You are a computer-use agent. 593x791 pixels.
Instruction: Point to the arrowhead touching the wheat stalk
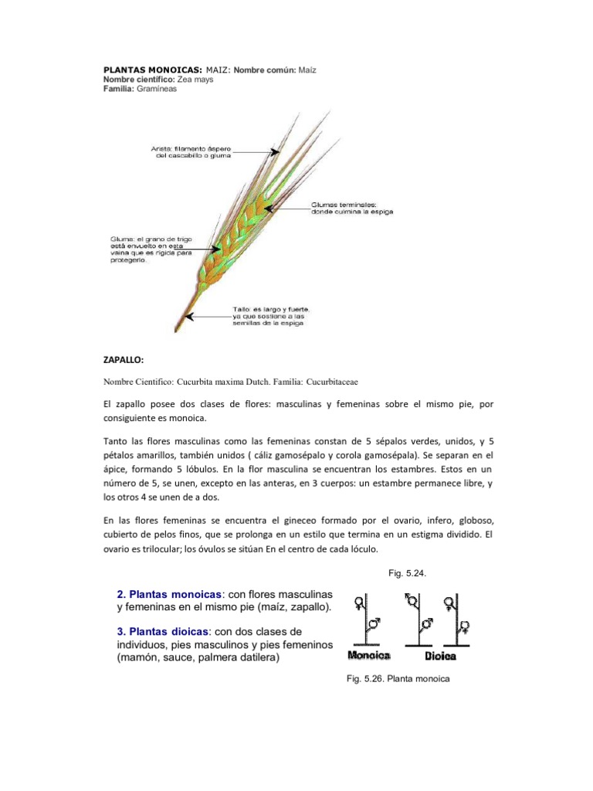coord(189,315)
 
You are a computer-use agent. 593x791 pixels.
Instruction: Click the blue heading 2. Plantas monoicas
coord(169,594)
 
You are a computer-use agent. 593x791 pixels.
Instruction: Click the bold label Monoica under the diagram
coord(369,656)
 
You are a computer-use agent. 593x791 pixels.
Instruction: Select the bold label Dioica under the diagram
coord(441,656)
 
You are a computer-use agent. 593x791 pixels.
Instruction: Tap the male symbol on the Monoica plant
coord(374,623)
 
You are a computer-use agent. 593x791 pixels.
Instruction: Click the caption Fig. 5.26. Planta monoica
coord(398,679)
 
